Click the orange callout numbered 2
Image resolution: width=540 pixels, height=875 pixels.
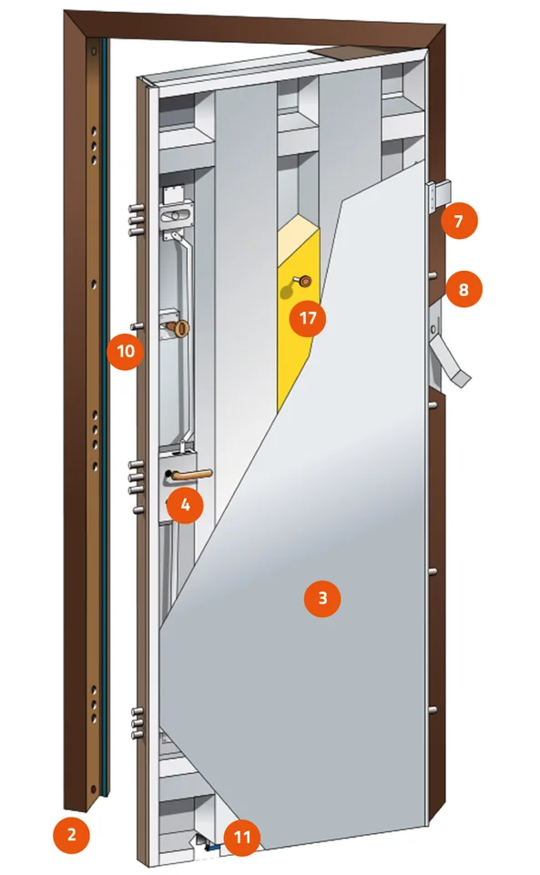click(x=71, y=835)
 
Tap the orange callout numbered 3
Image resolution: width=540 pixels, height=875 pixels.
click(x=322, y=598)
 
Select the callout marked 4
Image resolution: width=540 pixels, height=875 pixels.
click(x=185, y=505)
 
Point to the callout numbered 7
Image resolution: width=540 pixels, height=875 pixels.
click(x=459, y=221)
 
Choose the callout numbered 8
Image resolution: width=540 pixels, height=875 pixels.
click(x=464, y=290)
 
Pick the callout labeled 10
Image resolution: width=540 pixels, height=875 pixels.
click(x=126, y=351)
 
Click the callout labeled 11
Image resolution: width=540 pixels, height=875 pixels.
click(x=242, y=838)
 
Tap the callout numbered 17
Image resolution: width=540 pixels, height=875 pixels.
click(x=308, y=318)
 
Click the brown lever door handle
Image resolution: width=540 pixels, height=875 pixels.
click(x=191, y=475)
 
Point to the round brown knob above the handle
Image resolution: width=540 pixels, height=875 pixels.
click(x=178, y=328)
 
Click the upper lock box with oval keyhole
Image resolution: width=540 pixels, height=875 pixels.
click(x=176, y=213)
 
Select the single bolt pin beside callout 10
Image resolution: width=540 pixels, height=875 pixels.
click(x=138, y=326)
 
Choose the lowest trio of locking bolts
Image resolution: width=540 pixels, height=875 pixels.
click(x=138, y=723)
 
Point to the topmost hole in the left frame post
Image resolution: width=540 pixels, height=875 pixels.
click(x=94, y=53)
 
